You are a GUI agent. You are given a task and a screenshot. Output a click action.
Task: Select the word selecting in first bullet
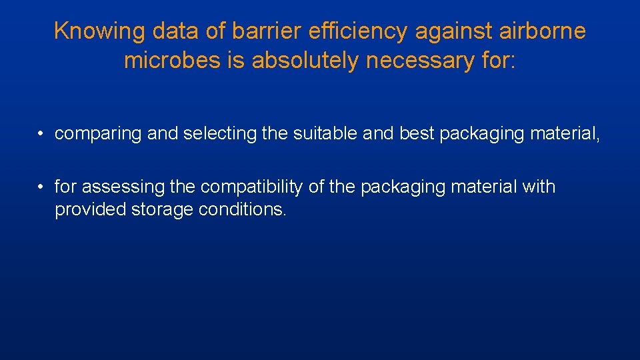tap(219, 134)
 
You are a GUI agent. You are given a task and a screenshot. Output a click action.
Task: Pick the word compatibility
tap(253, 187)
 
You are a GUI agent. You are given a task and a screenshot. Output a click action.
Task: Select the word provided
tap(90, 210)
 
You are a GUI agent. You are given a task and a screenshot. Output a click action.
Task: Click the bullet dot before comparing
tap(41, 134)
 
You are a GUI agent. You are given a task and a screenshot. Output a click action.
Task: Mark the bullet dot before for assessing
tap(41, 187)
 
